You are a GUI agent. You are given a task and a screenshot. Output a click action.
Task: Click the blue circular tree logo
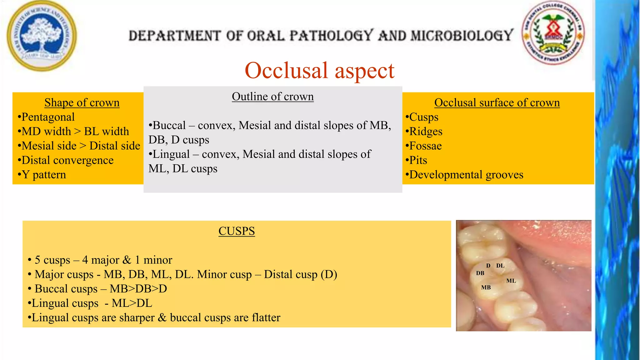point(42,36)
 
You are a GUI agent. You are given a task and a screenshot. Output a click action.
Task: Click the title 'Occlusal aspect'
point(319,70)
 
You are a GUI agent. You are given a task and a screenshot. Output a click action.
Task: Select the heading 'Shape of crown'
point(82,102)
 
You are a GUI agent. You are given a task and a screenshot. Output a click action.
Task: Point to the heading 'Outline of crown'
point(272,97)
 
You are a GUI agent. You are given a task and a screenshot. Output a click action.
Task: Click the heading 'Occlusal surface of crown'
point(497,102)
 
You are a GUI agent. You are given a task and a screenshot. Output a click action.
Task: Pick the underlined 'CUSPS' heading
point(237,231)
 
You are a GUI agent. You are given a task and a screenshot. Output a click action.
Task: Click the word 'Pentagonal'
point(48,117)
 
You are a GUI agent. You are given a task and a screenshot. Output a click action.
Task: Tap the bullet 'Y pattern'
point(44,175)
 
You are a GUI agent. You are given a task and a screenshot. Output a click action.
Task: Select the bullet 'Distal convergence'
point(67,160)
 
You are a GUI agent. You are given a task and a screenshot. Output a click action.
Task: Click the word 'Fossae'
point(425,146)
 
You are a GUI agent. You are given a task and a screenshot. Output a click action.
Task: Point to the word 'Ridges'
point(426,132)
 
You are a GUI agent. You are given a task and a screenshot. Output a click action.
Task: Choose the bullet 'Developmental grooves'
point(466,175)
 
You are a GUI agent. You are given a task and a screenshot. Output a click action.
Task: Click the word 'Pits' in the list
point(418,160)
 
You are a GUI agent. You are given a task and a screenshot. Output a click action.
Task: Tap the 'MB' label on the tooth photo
point(486,287)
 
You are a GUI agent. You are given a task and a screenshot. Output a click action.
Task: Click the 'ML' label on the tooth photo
point(511,281)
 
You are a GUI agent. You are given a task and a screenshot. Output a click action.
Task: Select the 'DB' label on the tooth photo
point(480,273)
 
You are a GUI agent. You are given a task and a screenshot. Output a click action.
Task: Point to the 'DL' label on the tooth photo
point(500,266)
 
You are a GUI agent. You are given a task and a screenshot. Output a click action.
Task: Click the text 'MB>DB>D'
point(138,289)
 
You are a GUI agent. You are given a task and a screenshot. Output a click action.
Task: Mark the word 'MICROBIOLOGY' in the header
point(462,35)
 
